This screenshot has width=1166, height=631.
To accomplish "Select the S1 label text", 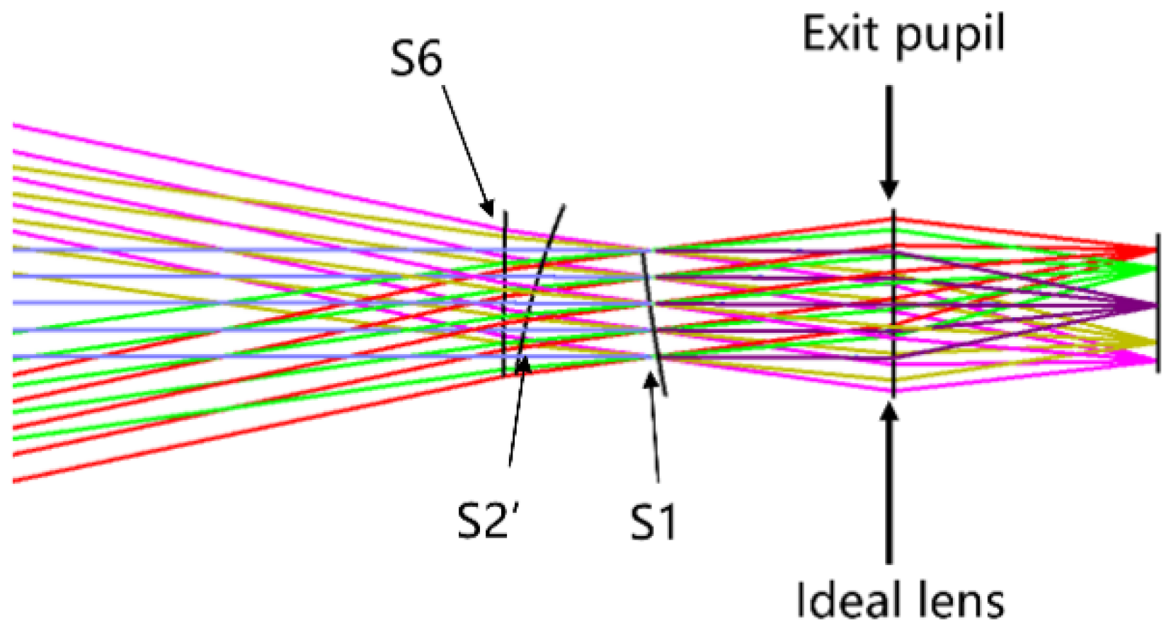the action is click(653, 523).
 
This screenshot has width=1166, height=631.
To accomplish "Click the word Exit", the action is click(843, 33).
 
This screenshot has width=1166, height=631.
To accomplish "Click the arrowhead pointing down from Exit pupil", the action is click(890, 190).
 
